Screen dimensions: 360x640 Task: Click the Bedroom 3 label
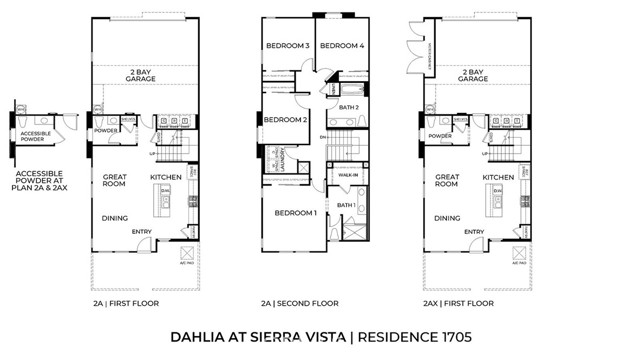coord(287,46)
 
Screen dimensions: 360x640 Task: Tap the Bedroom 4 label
coord(340,46)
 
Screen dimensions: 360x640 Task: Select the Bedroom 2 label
coord(283,121)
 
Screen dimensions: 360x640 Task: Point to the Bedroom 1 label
coord(296,213)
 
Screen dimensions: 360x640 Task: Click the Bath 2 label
coord(349,107)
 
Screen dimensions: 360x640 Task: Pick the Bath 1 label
coord(346,205)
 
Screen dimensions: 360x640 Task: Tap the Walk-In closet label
coord(349,175)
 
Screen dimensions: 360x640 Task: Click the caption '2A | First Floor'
coord(133,303)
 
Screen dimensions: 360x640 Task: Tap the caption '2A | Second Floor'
coord(299,303)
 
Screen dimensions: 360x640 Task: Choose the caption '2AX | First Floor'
coord(458,303)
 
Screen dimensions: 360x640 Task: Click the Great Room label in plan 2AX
coord(447,181)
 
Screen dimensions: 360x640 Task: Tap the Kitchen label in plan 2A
coord(165,177)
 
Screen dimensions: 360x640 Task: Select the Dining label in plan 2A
coord(116,217)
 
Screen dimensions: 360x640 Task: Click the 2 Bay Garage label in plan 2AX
coord(474,76)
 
